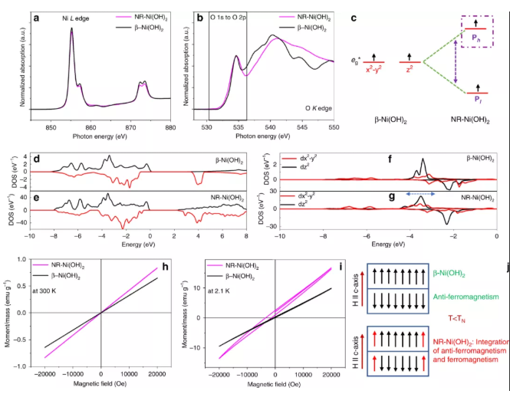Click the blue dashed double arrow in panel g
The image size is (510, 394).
pos(419,195)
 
